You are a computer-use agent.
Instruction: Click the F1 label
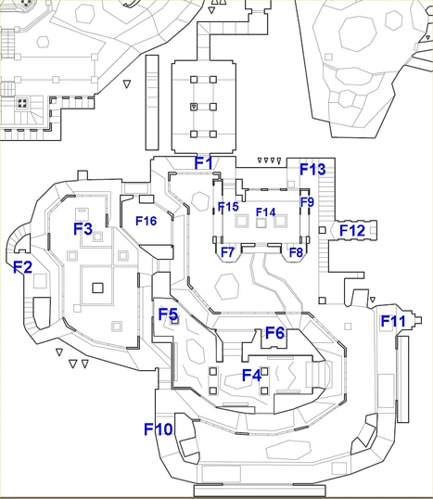(x=204, y=163)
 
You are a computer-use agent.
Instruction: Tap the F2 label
(x=22, y=267)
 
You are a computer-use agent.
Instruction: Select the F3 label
(x=83, y=228)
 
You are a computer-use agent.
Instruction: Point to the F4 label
(x=251, y=376)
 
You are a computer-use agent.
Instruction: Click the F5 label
(x=168, y=315)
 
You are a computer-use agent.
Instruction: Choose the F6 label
(x=274, y=333)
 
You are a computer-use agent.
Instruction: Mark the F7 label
(x=228, y=252)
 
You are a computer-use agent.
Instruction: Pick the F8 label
(x=296, y=252)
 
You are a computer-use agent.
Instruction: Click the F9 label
(x=308, y=201)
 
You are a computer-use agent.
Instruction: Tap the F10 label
(x=159, y=429)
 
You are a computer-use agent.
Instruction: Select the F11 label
(x=394, y=322)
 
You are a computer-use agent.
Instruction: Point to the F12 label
(x=351, y=230)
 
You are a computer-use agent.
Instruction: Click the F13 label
(x=312, y=170)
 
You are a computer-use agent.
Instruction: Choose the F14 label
(x=266, y=212)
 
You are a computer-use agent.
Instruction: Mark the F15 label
(x=228, y=207)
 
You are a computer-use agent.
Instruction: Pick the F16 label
(x=146, y=221)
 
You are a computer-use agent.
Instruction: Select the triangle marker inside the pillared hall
(x=193, y=109)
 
